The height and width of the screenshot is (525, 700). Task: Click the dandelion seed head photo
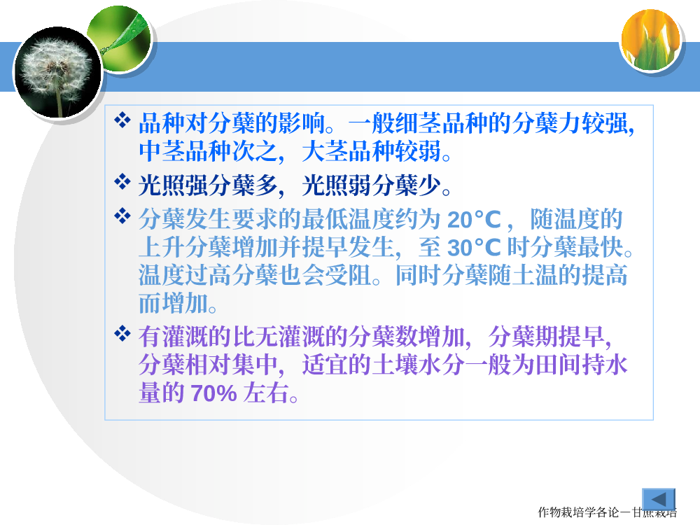(57, 72)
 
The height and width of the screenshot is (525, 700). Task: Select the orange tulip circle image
(650, 40)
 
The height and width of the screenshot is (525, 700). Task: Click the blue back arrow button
(659, 499)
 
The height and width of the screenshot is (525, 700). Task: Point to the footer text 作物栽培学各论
(584, 512)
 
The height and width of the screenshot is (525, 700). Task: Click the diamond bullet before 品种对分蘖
(122, 120)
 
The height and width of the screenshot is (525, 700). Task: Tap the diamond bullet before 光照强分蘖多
(122, 182)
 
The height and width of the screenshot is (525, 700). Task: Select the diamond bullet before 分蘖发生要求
(122, 216)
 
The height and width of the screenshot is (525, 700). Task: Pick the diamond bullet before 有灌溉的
(122, 333)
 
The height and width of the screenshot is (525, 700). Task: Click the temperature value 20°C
(474, 220)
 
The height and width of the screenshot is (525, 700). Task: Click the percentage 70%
(213, 393)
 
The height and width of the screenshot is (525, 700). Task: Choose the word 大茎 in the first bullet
(325, 151)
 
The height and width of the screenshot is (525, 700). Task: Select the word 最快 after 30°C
(600, 247)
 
